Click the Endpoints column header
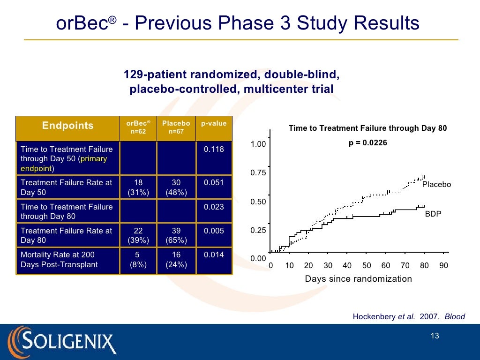point(67,126)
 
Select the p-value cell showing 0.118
point(214,149)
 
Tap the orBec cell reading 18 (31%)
point(138,187)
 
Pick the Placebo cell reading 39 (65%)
point(176,235)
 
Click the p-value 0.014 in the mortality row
point(214,255)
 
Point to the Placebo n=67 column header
point(176,127)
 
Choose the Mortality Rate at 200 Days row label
point(59,260)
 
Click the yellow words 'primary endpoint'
point(64,164)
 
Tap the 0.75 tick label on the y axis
point(258,172)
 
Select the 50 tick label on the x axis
point(367,265)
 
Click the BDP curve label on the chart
point(433,214)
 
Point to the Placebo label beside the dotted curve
point(436,184)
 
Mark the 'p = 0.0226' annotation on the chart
point(367,143)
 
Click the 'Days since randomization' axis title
point(359,279)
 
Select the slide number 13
point(435,336)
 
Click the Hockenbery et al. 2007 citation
point(409,316)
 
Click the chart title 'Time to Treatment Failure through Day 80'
point(367,128)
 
